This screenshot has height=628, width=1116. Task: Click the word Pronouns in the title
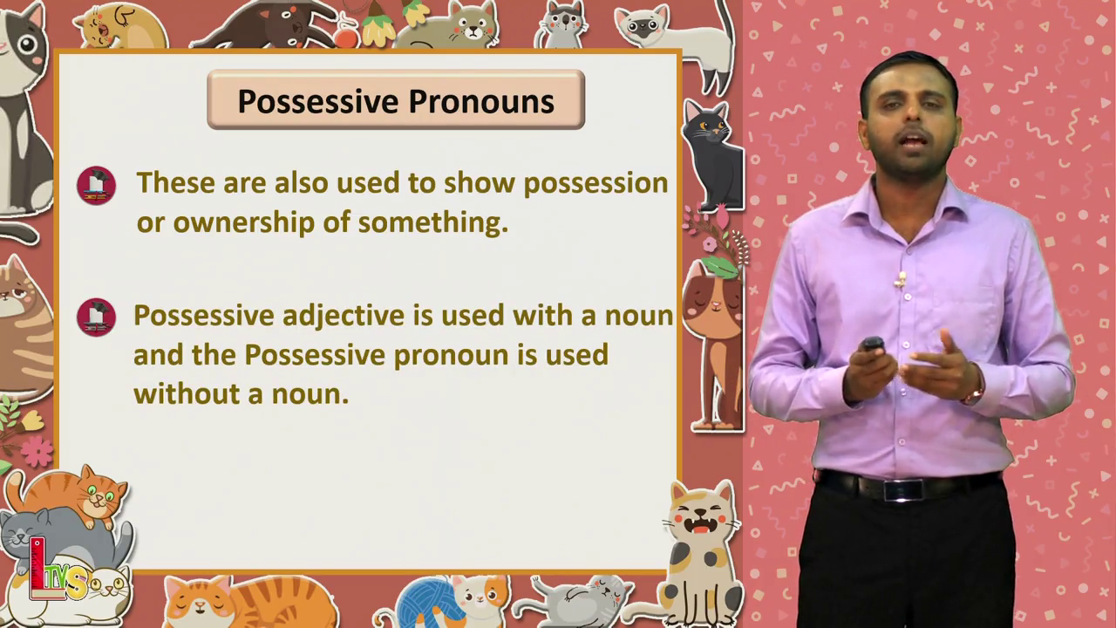[481, 103]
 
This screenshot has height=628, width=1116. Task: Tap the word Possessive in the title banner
[318, 102]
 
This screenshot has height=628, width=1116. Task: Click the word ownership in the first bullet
[244, 223]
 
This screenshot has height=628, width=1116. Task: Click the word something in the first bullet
[433, 223]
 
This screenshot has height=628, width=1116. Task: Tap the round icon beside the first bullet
[96, 186]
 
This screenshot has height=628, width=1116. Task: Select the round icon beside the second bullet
[96, 317]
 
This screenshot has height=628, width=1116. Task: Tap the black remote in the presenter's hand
[873, 344]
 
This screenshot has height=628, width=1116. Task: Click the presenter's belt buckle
[902, 490]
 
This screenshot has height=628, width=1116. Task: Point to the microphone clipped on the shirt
[900, 280]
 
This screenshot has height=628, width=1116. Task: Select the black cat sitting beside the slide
[713, 155]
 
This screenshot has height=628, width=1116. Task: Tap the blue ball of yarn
[427, 603]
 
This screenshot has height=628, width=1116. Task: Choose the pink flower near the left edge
[36, 452]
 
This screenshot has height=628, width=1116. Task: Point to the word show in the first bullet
[479, 183]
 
